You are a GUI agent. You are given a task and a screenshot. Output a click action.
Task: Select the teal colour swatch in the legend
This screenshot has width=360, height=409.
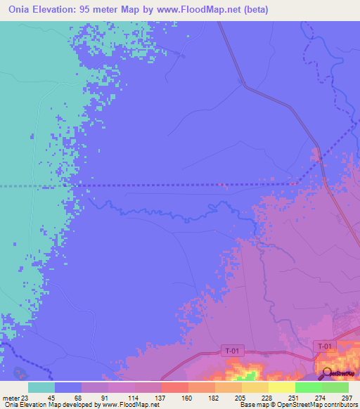(41, 387)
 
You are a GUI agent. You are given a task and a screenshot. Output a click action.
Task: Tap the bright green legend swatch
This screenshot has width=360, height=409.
(308, 387)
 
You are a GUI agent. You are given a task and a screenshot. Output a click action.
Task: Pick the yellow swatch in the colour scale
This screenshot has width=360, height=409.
(281, 387)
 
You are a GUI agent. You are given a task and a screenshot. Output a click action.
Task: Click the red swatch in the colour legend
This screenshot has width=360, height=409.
(174, 387)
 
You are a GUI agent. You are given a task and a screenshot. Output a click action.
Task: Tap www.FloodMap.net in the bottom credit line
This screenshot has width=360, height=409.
(131, 405)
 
